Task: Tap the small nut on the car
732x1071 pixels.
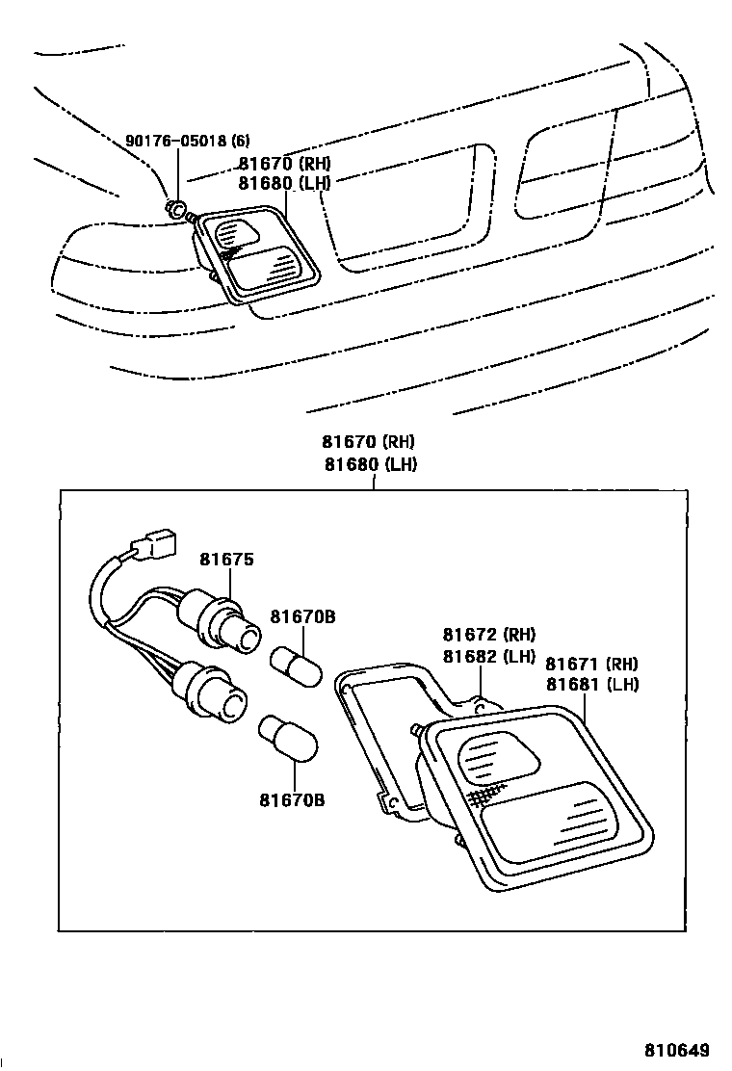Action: pos(177,208)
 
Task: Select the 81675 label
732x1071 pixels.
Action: pos(225,560)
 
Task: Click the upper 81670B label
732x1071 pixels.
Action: pos(302,616)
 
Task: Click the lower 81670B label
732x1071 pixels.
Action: pos(291,800)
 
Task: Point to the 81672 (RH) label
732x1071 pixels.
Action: pos(489,635)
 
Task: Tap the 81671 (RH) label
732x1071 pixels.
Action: pos(591,664)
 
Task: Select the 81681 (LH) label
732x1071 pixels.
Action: pos(591,685)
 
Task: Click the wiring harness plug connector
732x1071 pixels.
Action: pos(155,545)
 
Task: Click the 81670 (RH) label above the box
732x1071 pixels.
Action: pos(368,442)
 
